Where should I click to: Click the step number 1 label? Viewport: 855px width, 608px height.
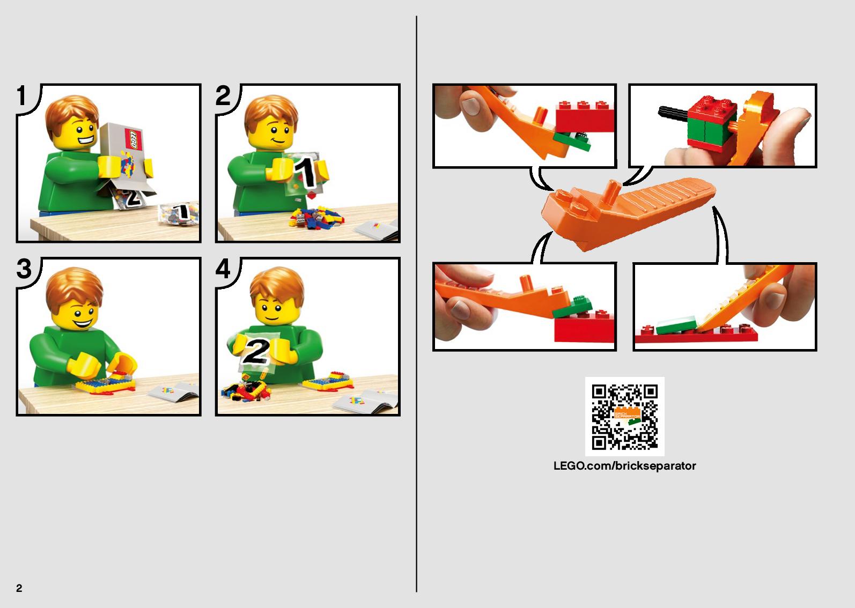pyautogui.click(x=21, y=95)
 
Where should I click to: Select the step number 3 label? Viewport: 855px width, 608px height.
pyautogui.click(x=24, y=269)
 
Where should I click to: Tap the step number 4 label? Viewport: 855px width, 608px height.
pyautogui.click(x=223, y=269)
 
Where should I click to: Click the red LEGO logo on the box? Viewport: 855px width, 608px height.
pyautogui.click(x=133, y=139)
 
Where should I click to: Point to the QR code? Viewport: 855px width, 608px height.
pyautogui.click(x=625, y=417)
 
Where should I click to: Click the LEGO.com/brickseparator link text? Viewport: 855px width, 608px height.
pyautogui.click(x=625, y=466)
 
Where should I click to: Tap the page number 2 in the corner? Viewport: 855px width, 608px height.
pyautogui.click(x=19, y=588)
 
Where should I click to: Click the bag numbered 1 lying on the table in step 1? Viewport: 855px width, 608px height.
pyautogui.click(x=179, y=213)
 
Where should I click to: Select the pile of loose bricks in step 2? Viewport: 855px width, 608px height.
pyautogui.click(x=317, y=218)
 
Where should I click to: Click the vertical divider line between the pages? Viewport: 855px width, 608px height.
pyautogui.click(x=416, y=303)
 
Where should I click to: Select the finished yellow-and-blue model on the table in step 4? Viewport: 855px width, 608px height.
pyautogui.click(x=328, y=381)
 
